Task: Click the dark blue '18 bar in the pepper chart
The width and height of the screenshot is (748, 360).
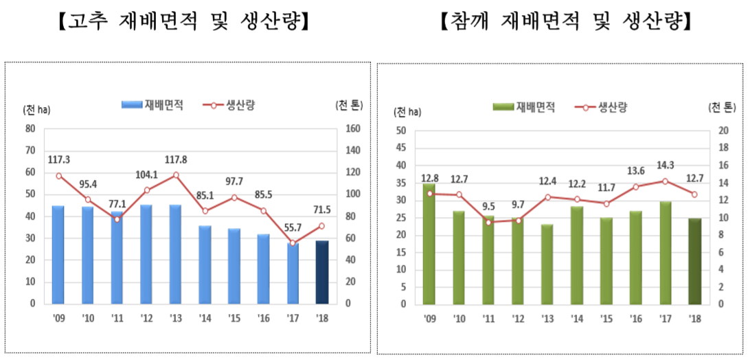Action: coord(321,272)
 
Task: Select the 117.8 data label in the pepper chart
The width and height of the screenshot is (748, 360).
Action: coord(177,160)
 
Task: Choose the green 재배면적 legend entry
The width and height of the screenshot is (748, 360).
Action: coord(523,107)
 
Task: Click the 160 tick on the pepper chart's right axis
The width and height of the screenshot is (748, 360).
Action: coord(352,128)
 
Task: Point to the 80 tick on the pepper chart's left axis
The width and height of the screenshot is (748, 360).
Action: coord(30,128)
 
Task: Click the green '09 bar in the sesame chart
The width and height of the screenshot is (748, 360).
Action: coord(430,244)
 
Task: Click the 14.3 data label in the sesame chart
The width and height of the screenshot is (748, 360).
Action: coord(665,165)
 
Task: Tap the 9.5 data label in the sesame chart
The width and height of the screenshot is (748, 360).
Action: coord(489,206)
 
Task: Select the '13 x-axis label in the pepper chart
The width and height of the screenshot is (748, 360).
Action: coord(176,317)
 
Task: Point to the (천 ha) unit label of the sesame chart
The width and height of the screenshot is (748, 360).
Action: coord(408,111)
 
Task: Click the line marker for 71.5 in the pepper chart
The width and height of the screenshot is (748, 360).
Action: coord(321,225)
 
